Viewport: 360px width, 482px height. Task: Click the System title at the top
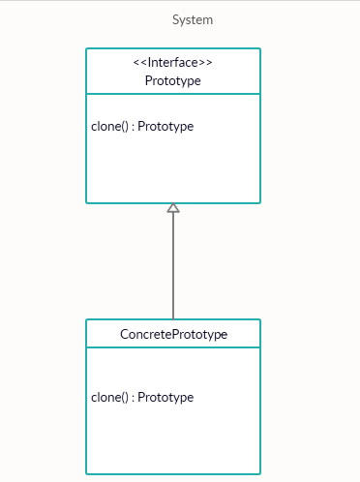193,19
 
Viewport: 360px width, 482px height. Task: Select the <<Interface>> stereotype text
173,63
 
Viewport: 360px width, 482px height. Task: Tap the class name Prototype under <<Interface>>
173,80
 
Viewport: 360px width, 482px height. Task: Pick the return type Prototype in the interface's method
165,127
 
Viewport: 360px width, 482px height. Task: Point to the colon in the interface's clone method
133,127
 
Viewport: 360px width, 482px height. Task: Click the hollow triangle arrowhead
173,208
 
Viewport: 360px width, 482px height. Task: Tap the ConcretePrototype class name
173,334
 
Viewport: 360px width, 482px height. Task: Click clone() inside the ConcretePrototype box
109,397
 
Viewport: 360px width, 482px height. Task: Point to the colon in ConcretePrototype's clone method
133,397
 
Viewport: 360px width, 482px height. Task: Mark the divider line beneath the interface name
173,94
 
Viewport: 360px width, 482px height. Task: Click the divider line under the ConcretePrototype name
173,347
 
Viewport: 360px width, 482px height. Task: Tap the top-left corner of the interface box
86,48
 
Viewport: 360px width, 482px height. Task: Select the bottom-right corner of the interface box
260,203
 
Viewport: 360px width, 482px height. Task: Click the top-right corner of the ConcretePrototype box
260,319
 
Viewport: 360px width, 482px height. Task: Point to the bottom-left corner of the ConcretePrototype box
86,473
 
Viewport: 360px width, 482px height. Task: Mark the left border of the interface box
86,145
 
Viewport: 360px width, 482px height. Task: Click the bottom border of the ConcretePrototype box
173,473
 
